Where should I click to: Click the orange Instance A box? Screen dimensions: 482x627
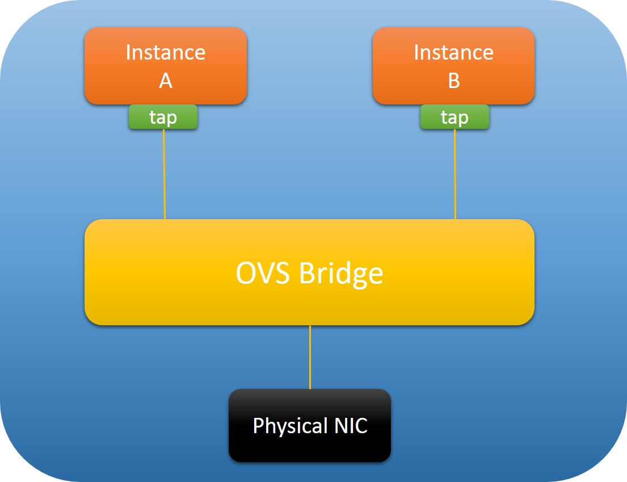coord(166,65)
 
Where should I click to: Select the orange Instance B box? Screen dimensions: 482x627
coord(453,65)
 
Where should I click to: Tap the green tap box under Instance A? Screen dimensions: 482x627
coord(163,117)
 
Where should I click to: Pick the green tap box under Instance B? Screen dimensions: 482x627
coord(455,117)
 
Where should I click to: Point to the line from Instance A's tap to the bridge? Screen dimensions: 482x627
coord(165,174)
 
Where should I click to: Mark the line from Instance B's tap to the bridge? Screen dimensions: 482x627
coord(455,174)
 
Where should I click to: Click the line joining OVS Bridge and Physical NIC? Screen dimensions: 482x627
coord(310,357)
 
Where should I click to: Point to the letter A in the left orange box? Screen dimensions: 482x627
coord(165,81)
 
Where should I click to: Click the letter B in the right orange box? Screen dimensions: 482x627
coord(453,81)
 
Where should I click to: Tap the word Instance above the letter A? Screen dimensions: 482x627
coord(165,52)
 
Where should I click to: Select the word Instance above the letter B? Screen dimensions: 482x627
coord(453,52)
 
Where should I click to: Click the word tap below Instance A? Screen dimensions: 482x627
coord(163,118)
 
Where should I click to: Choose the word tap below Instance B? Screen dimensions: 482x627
coord(455,118)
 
